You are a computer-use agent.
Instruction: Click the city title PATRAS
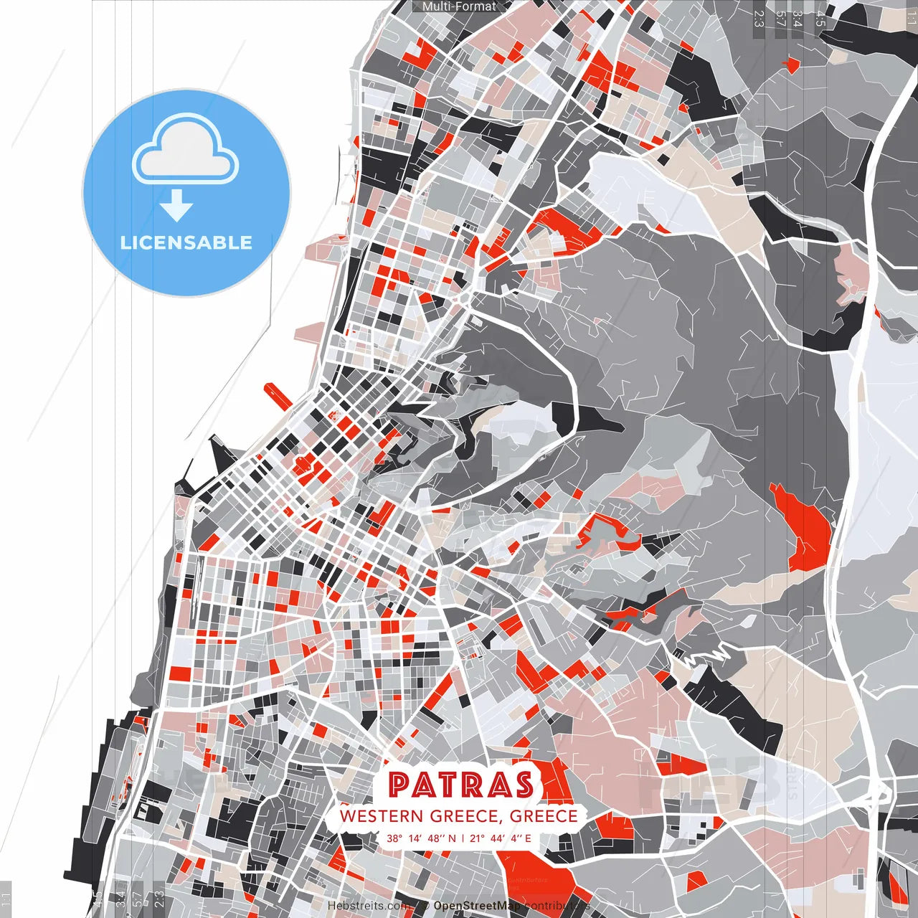461,785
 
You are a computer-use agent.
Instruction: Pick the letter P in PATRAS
399,785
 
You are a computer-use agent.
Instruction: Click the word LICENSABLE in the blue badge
186,242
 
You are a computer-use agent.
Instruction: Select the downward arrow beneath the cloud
176,207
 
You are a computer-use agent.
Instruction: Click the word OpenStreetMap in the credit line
477,906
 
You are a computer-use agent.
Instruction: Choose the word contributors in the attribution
557,906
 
